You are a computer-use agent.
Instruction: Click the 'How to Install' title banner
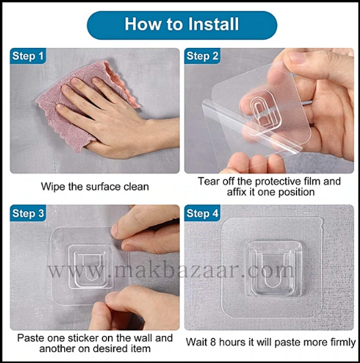coord(182,25)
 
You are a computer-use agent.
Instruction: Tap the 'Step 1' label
coord(28,56)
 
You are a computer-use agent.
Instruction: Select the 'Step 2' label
coord(202,56)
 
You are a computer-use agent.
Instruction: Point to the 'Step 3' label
coord(28,214)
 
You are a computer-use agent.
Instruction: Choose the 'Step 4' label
coord(202,214)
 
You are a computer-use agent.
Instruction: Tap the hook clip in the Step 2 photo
coord(261,110)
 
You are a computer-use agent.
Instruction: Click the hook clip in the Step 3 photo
coord(91,266)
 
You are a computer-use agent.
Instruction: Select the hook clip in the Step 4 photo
coord(275,269)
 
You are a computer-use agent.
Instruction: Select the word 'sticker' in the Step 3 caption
coord(83,338)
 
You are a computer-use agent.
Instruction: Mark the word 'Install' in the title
coord(214,24)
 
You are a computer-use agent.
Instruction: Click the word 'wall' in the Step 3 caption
coord(142,338)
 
